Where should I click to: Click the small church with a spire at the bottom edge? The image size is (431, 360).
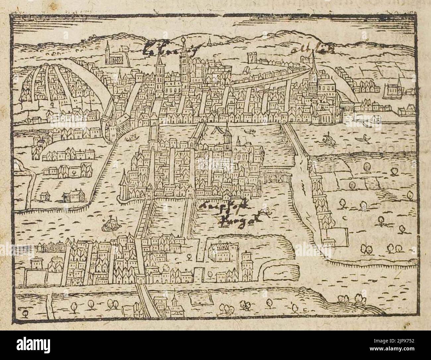pos(173,306)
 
